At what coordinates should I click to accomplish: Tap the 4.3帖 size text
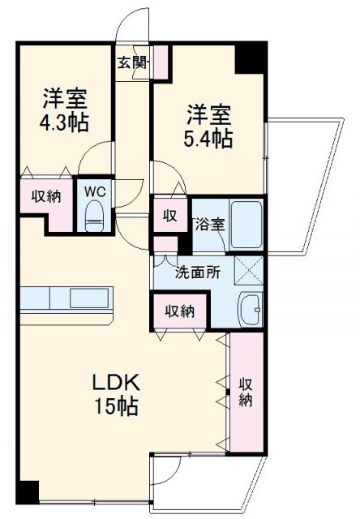pos(66,124)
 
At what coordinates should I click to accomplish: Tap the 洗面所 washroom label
pos(198,272)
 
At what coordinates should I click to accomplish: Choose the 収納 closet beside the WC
pos(45,197)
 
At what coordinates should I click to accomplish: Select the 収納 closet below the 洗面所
pos(179,311)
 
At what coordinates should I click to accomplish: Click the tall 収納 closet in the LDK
pos(246,392)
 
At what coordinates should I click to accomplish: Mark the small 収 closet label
pos(169,215)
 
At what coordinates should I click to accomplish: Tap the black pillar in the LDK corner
pos(28,492)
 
